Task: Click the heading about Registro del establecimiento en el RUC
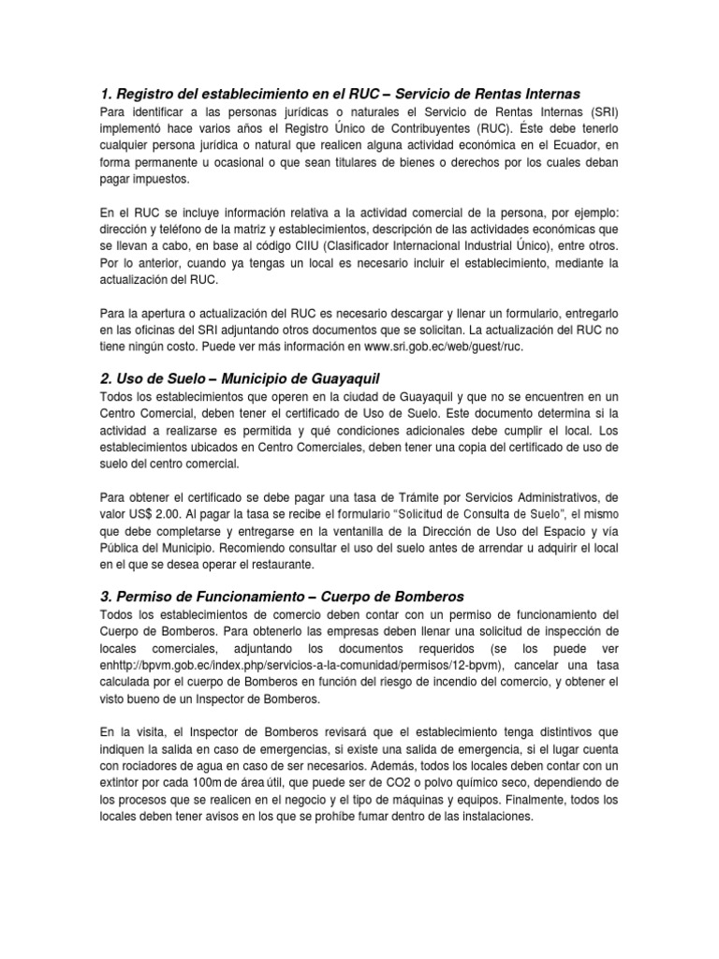point(340,94)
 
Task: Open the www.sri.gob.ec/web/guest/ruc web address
point(444,346)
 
